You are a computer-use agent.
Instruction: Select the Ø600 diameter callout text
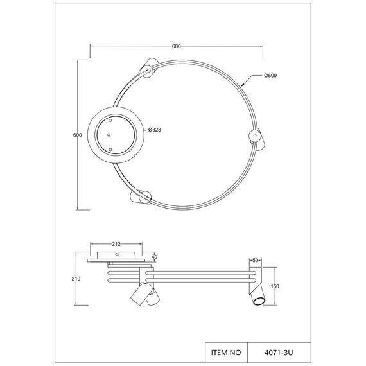[x=270, y=76]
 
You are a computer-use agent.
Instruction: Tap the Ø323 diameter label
[x=153, y=130]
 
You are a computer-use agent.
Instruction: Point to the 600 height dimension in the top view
[x=76, y=135]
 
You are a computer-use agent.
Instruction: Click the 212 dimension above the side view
[x=116, y=244]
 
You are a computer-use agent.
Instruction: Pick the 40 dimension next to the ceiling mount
[x=153, y=257]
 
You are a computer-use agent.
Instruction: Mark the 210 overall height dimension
[x=76, y=279]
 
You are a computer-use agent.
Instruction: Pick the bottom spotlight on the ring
[x=141, y=197]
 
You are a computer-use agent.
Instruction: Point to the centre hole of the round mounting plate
[x=109, y=135]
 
